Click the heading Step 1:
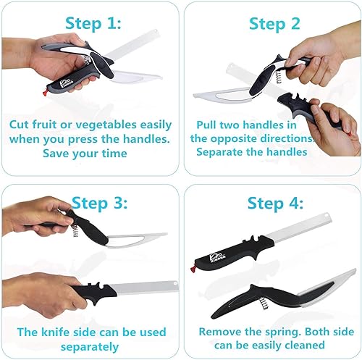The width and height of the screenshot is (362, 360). point(92,24)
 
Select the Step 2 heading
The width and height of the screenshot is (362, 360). point(273,24)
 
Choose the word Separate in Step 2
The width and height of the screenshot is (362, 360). point(220,152)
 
